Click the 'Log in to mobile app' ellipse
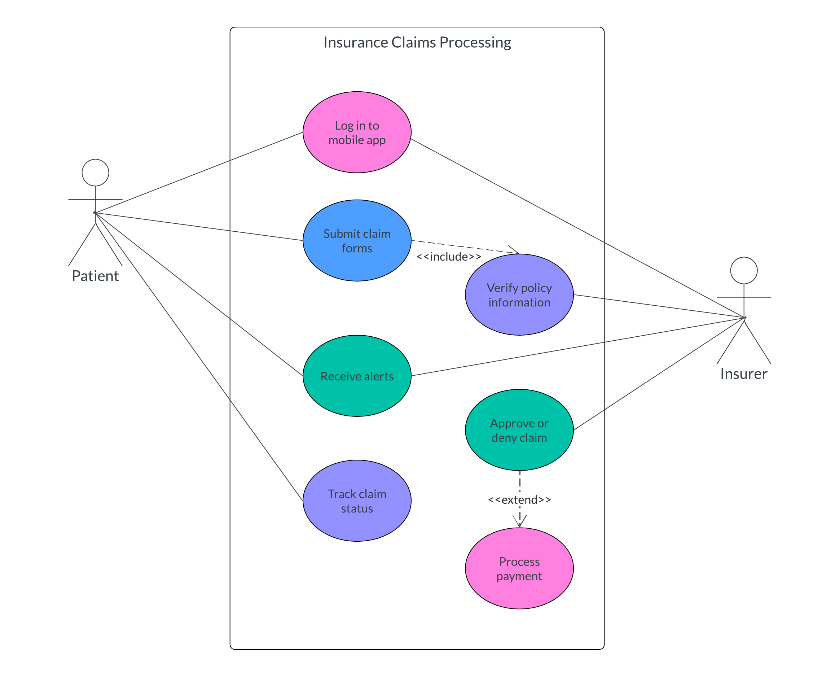coord(357,132)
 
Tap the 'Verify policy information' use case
coord(519,295)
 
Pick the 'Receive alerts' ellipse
coord(357,376)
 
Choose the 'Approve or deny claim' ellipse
coord(519,430)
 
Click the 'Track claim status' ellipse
coord(357,501)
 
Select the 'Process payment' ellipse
coord(519,568)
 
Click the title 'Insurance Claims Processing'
coord(417,43)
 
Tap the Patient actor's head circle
coord(95,173)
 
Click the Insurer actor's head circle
coord(744,270)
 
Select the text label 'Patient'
coord(95,276)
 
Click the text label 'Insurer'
coord(744,374)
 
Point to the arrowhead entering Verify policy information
coord(515,251)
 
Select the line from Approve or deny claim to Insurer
coord(658,374)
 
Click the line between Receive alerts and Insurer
coord(577,347)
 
